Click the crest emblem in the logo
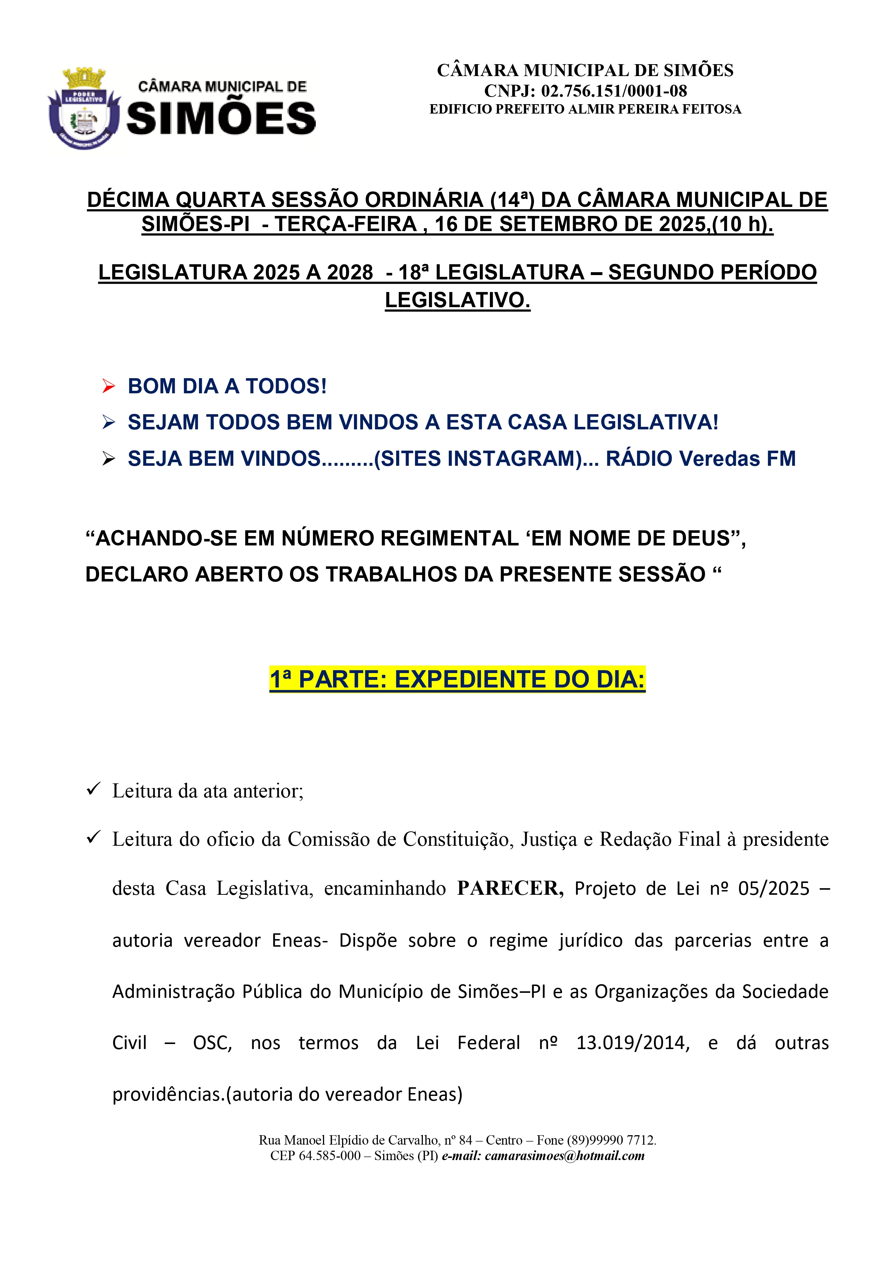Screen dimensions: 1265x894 pyautogui.click(x=84, y=108)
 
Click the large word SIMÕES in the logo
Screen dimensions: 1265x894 pyautogui.click(x=221, y=119)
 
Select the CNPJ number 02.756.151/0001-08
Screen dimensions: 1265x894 pyautogui.click(x=614, y=91)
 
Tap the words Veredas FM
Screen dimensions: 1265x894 pyautogui.click(x=737, y=459)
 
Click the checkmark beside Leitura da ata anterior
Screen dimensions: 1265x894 pyautogui.click(x=93, y=789)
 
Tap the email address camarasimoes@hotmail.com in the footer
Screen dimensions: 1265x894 pyautogui.click(x=564, y=1155)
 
